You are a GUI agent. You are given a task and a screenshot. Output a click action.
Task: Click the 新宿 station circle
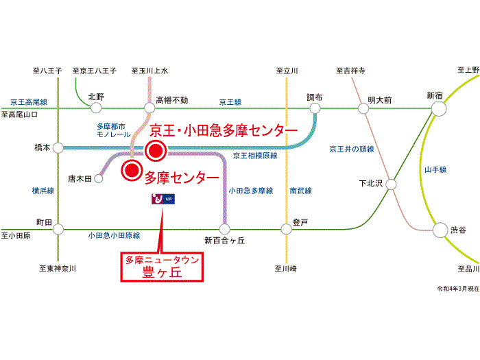coord(438,108)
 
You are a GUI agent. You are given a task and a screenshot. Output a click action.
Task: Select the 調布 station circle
coord(315,108)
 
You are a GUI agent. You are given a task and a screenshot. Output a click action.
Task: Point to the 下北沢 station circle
coord(391,184)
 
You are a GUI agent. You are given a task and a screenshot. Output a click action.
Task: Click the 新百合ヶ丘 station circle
coord(224,230)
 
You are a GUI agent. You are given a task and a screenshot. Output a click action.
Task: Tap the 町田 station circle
coord(58,230)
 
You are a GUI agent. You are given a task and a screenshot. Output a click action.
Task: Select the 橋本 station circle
coord(58,147)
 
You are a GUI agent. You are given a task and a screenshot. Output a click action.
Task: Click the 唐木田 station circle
coord(98,179)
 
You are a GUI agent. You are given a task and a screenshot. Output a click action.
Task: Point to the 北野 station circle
coord(94,108)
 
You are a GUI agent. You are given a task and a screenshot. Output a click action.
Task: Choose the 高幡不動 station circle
coord(150,108)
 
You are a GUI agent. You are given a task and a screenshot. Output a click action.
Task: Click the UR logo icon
coord(163,200)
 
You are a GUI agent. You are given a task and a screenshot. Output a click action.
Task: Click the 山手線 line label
coord(435,169)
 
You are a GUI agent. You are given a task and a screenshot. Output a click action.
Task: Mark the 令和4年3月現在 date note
coord(457,290)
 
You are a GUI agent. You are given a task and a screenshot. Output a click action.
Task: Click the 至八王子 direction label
coord(47,71)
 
